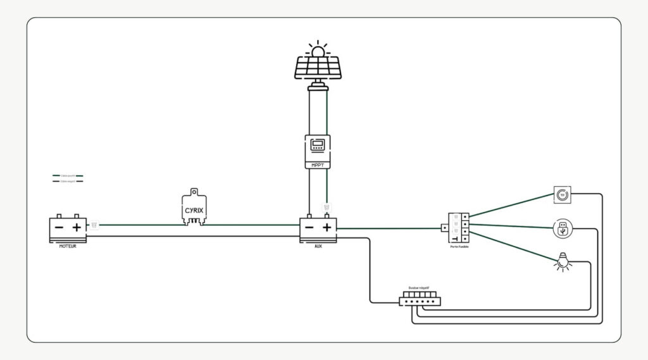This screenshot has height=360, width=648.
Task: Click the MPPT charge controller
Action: coord(318,151)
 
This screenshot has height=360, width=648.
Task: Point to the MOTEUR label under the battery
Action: coord(67,246)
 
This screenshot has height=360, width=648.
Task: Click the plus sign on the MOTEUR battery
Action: coord(77,227)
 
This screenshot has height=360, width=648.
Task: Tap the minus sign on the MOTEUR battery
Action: coord(59,227)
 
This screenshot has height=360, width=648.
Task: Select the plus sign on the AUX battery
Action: coord(327,228)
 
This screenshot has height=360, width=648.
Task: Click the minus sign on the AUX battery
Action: coord(309,228)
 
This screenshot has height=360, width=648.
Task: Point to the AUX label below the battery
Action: coord(318,247)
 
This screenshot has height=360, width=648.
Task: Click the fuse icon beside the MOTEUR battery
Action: coord(94,224)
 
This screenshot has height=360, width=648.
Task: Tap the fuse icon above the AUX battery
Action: coord(327,207)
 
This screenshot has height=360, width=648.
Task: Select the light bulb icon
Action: coord(561,261)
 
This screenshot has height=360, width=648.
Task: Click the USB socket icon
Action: coord(561,229)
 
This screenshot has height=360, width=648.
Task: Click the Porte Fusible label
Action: coord(459,247)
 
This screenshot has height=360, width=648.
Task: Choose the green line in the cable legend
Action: coord(68,175)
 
